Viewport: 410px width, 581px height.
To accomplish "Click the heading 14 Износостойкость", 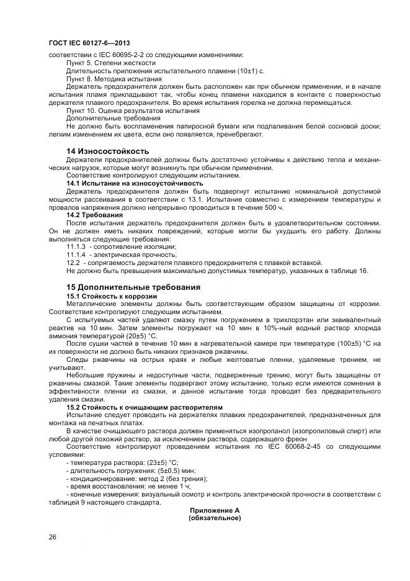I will (108, 151).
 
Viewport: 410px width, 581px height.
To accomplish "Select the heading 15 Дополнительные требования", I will (133, 287).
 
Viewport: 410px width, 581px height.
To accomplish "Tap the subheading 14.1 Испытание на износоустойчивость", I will (135, 183).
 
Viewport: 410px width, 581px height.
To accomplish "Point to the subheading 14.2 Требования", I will (94, 214).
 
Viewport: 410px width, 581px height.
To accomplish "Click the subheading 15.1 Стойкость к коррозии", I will (107, 295).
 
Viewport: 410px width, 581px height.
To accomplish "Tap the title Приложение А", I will (215, 510).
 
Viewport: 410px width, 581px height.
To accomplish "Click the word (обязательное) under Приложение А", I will (215, 518).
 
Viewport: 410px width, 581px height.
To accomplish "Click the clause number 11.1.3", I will (76, 246).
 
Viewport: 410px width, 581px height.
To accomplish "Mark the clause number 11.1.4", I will (76, 254).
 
